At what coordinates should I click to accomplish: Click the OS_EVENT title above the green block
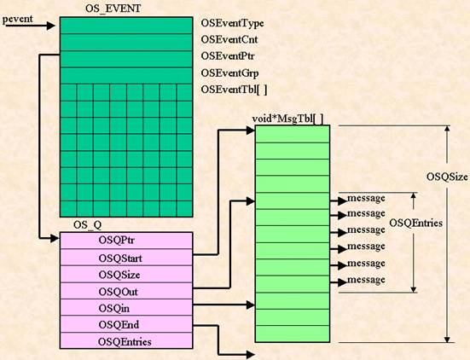pos(113,9)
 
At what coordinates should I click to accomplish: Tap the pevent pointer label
pos(18,19)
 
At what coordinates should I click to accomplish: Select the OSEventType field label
pos(232,23)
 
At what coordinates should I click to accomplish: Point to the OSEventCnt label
pos(229,39)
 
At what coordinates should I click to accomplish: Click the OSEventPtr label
pos(228,56)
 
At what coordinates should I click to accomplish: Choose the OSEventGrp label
pos(229,73)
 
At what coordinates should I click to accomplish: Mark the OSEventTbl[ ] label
pos(234,90)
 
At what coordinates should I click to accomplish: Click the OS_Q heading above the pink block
pos(88,225)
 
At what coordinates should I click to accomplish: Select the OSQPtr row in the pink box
pos(126,241)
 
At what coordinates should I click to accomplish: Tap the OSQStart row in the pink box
pos(126,258)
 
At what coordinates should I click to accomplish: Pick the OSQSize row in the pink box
pos(126,275)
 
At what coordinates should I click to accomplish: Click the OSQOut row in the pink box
pos(126,291)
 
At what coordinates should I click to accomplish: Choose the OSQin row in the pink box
pos(126,308)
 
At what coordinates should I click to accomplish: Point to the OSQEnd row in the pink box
pos(126,324)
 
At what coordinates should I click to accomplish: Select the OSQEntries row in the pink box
pos(126,341)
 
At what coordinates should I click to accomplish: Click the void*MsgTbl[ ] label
pos(287,119)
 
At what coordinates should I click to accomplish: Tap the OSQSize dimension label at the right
pos(447,177)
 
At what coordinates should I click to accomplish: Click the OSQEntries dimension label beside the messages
pos(415,223)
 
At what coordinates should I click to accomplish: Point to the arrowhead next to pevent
pos(51,26)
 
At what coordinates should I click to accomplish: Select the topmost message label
pos(366,198)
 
